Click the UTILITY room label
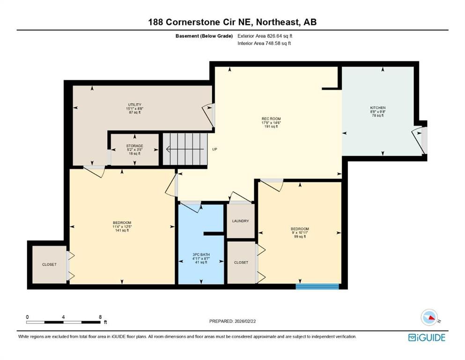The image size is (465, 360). pyautogui.click(x=135, y=105)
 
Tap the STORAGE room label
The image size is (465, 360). pyautogui.click(x=135, y=146)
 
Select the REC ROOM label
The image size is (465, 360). pyautogui.click(x=271, y=119)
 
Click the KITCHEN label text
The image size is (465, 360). pyautogui.click(x=377, y=108)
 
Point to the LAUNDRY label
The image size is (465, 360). pyautogui.click(x=240, y=221)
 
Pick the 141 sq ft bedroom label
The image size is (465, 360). pyautogui.click(x=122, y=223)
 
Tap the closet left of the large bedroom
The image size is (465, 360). pyautogui.click(x=49, y=264)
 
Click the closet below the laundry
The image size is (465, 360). pyautogui.click(x=241, y=262)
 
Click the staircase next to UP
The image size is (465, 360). pyautogui.click(x=185, y=149)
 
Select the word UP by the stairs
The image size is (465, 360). pyautogui.click(x=215, y=150)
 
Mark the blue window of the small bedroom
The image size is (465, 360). pyautogui.click(x=317, y=286)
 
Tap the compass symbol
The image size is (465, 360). pyautogui.click(x=428, y=317)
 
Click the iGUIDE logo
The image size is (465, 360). pyautogui.click(x=427, y=337)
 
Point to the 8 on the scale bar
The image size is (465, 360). pyautogui.click(x=100, y=317)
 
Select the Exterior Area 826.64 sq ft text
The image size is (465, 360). pyautogui.click(x=267, y=36)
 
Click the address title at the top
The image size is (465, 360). pyautogui.click(x=232, y=22)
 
